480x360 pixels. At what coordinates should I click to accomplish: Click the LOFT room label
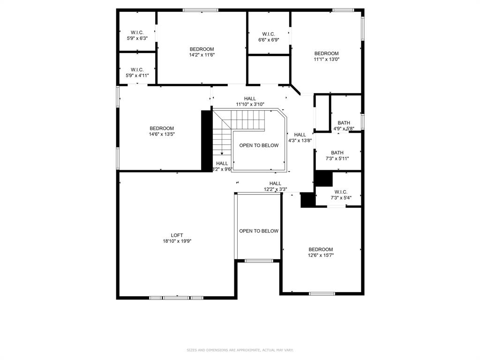[x=177, y=235]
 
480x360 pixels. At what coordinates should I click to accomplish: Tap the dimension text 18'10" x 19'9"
[x=177, y=241]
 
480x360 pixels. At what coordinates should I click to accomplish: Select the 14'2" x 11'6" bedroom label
[x=202, y=49]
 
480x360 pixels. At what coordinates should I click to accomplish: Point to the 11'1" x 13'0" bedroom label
[x=326, y=53]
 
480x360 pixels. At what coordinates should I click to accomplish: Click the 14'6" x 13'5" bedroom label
[x=162, y=128]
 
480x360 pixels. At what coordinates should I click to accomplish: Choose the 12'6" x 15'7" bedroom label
[x=321, y=249]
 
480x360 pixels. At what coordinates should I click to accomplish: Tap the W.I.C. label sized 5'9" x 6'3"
[x=137, y=32]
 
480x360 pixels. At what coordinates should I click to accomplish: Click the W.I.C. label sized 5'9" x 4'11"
[x=137, y=70]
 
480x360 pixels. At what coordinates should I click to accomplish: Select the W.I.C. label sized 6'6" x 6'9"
[x=268, y=34]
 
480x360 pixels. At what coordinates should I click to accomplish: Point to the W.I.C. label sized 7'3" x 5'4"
[x=341, y=192]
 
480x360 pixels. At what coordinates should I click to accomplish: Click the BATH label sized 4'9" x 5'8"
[x=344, y=123]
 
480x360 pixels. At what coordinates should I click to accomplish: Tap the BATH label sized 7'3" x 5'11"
[x=337, y=153]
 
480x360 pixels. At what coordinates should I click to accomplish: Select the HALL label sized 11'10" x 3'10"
[x=250, y=98]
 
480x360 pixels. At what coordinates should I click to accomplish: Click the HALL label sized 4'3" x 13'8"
[x=300, y=135]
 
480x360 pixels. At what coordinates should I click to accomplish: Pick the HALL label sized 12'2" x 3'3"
[x=275, y=183]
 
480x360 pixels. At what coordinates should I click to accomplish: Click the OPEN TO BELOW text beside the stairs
[x=259, y=145]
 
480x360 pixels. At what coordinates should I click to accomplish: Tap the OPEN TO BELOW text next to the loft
[x=259, y=231]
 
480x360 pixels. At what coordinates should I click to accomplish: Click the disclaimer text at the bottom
[x=240, y=350]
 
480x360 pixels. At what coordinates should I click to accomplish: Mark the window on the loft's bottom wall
[x=176, y=298]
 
